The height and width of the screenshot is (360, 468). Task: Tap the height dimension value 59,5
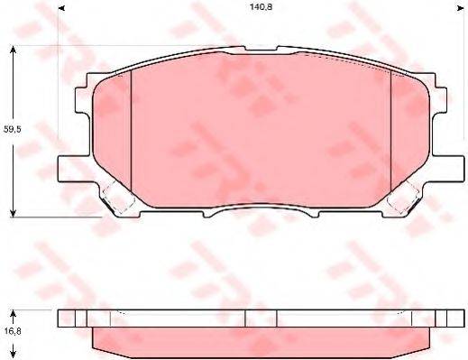(13, 130)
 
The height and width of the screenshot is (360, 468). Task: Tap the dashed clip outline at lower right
(407, 195)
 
